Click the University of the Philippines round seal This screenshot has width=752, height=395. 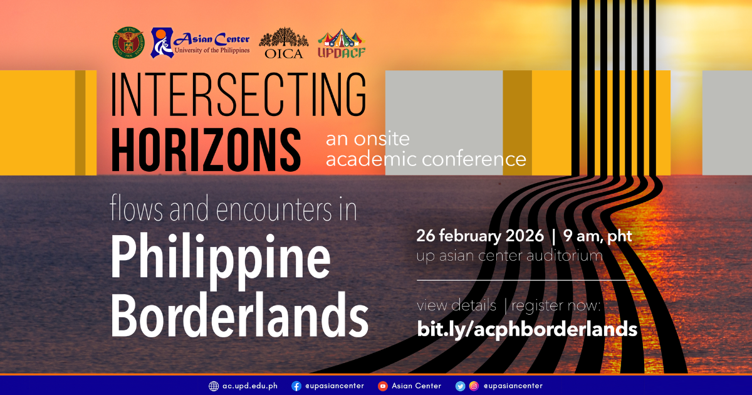(128, 42)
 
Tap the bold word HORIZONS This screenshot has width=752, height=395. (206, 146)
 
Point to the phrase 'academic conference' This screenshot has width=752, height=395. (426, 159)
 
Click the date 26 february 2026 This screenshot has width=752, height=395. (480, 237)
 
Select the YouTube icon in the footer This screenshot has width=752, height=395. (382, 386)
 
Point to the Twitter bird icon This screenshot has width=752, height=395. (461, 386)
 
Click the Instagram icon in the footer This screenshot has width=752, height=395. (474, 386)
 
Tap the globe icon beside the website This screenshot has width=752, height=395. (214, 386)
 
